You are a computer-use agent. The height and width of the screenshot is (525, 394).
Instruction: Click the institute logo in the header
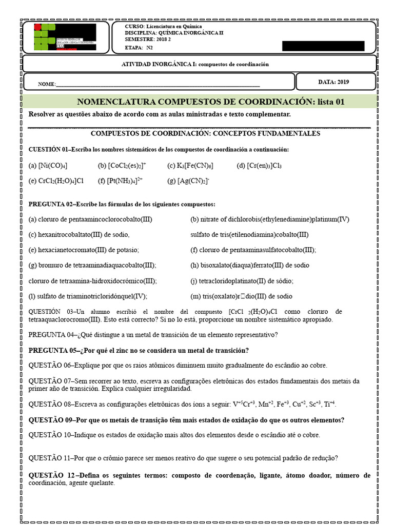(x=65, y=36)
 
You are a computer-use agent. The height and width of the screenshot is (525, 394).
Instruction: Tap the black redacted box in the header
(x=323, y=46)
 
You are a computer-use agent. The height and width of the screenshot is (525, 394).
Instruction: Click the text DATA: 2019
(x=333, y=82)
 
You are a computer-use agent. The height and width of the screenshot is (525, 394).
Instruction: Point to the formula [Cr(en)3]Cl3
(x=264, y=166)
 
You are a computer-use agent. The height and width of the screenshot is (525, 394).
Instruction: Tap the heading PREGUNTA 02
(x=51, y=204)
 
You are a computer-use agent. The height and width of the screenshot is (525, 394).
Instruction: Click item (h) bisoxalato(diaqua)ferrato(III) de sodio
(x=249, y=266)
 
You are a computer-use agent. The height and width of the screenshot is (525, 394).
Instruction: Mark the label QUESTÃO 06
(x=50, y=366)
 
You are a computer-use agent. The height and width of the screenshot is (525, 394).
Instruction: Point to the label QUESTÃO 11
(x=50, y=458)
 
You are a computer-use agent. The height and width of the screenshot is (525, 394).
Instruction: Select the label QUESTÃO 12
(x=52, y=475)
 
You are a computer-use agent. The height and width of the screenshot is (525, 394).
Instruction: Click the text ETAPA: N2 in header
(x=139, y=47)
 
